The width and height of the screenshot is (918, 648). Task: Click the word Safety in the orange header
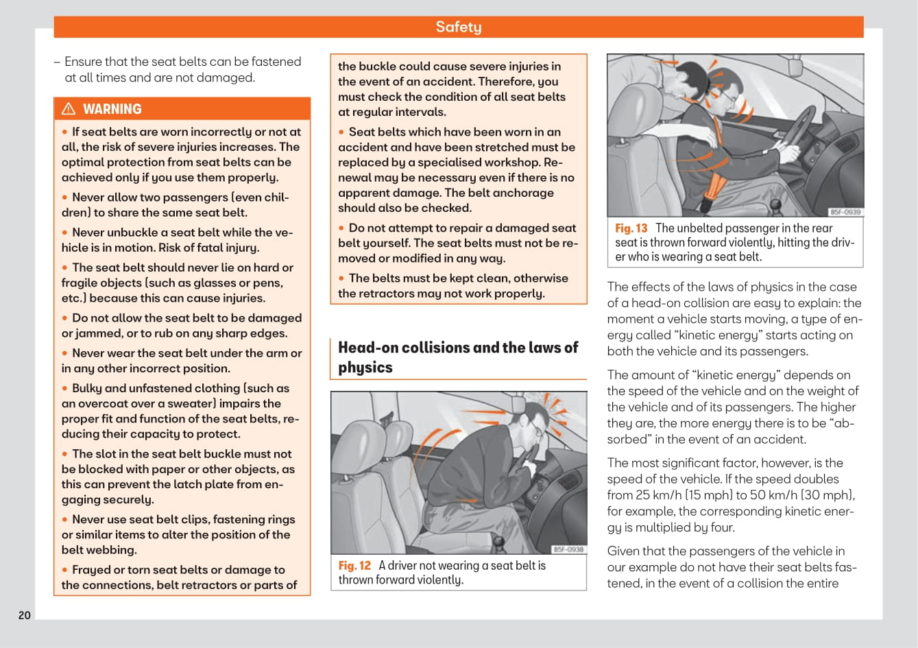click(458, 27)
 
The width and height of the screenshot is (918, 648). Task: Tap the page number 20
click(25, 615)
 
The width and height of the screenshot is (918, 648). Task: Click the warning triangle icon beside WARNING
click(69, 109)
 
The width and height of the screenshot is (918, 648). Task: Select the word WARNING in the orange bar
click(112, 109)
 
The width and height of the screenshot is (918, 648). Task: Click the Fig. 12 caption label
click(354, 566)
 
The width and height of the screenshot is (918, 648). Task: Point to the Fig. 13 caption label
click(631, 228)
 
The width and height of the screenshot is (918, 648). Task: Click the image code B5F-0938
click(568, 549)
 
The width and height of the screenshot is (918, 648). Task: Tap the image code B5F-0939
click(845, 212)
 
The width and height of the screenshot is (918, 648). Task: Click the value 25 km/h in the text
click(658, 495)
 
